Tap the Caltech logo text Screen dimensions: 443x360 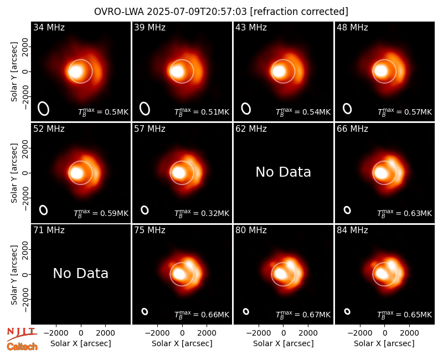tap(22, 347)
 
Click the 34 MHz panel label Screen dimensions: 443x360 tap(49, 27)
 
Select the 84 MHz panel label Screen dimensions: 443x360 tap(352, 230)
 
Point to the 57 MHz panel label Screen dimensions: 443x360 tap(150, 129)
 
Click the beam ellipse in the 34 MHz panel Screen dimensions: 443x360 tap(44, 109)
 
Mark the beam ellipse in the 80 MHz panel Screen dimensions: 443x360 tap(246, 311)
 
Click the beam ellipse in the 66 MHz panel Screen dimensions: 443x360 tap(347, 210)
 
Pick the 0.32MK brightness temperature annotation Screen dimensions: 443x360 tap(202, 213)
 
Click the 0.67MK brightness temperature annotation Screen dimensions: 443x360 tap(303, 315)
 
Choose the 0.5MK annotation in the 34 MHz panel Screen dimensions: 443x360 tap(104, 112)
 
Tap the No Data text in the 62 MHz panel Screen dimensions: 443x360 tap(284, 172)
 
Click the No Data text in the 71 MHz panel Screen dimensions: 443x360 tap(81, 274)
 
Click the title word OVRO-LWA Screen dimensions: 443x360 tap(119, 12)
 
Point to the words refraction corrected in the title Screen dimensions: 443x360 tap(300, 12)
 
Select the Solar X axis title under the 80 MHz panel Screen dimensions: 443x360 tap(284, 343)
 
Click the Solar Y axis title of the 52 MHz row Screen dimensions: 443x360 tap(14, 173)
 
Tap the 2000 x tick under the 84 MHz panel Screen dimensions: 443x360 tap(409, 333)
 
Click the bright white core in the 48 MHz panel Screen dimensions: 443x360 tap(380, 71)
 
